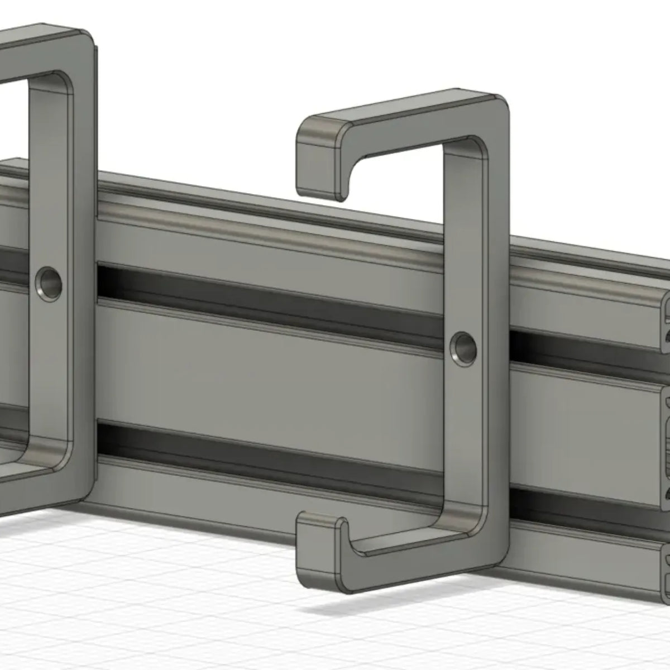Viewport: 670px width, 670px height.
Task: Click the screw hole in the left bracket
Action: (x=49, y=283)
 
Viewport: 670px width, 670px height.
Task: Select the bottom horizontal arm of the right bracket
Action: (x=413, y=564)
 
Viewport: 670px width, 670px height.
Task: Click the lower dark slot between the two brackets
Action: (x=268, y=452)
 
